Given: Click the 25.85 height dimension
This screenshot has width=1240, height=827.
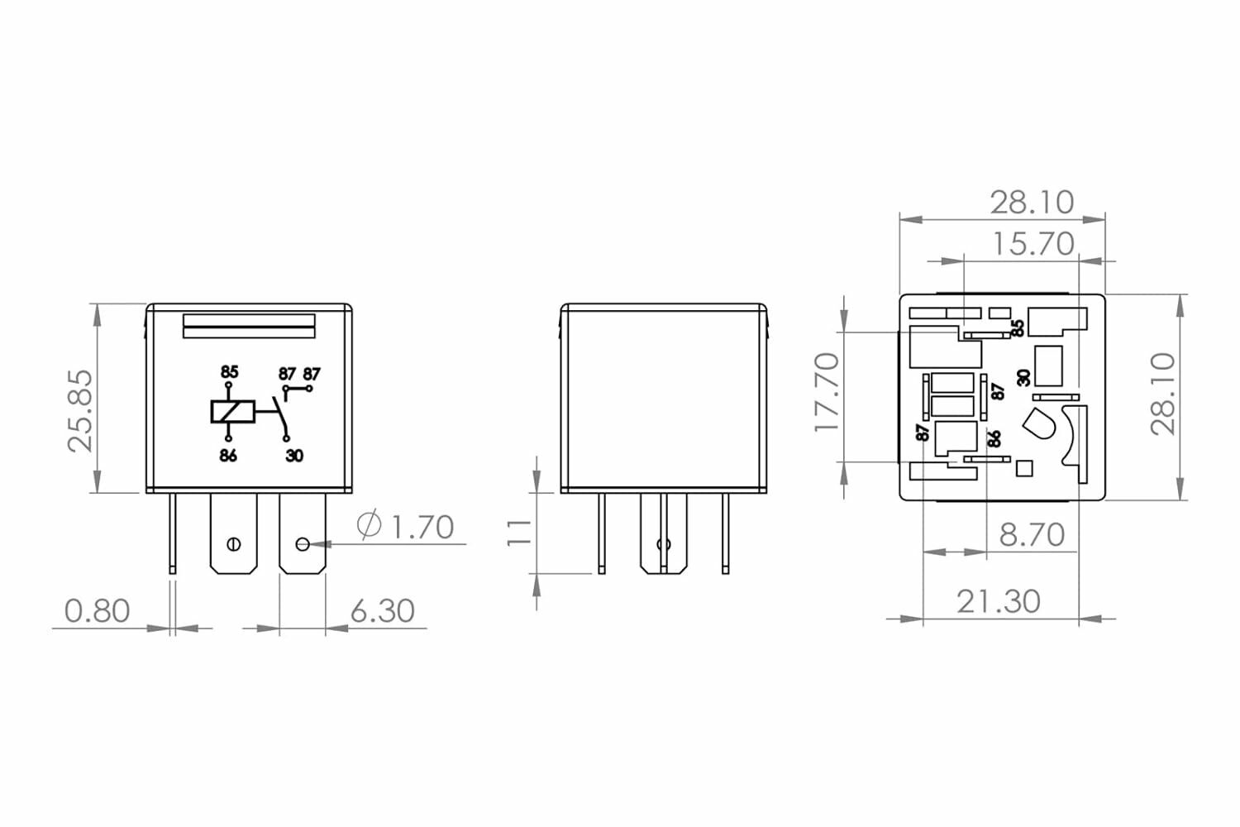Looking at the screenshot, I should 80,410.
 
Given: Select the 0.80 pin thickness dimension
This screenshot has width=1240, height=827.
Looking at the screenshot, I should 98,611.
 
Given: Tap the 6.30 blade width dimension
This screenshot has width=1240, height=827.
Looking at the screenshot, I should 382,611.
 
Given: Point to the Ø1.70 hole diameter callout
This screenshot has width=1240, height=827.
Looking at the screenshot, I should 406,527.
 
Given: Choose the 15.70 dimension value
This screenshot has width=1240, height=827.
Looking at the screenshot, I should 1033,244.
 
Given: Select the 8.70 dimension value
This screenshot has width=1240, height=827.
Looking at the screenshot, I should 1032,535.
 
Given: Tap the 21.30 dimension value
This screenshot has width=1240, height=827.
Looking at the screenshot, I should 999,601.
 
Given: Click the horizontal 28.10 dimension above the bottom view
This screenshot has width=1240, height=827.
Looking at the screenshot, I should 1032,202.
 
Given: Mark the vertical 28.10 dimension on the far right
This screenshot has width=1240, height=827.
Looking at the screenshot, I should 1163,394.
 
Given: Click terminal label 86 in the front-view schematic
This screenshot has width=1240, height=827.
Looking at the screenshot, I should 228,456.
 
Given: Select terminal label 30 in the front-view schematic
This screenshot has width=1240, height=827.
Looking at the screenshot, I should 294,456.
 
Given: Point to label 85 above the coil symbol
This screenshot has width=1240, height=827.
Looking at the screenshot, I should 229,372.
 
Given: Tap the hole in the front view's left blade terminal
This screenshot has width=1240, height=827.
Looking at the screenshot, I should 234,544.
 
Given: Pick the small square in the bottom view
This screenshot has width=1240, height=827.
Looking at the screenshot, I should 1023,468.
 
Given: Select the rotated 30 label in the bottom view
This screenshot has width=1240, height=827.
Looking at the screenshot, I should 1023,377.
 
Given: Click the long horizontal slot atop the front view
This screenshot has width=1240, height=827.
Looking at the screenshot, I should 249,326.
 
